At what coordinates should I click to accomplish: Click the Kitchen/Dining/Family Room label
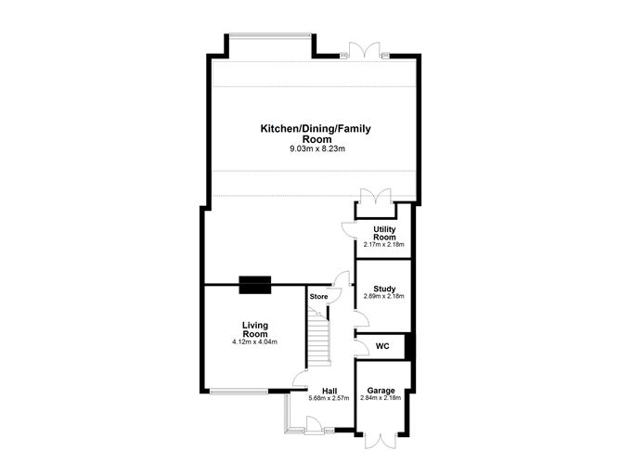tap(308, 134)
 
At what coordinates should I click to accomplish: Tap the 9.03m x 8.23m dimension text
tap(308, 148)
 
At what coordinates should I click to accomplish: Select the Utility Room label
tap(384, 233)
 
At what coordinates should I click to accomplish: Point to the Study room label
tap(384, 288)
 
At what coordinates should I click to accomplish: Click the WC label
tap(381, 347)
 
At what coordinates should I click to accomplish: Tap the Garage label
tap(381, 391)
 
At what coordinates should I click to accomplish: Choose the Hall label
tap(329, 391)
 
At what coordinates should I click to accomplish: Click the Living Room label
tap(254, 329)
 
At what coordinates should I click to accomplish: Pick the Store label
tap(319, 297)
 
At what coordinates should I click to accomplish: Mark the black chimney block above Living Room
tap(254, 285)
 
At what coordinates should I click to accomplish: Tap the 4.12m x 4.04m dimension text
tap(254, 342)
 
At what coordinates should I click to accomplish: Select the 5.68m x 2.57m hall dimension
tap(329, 398)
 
